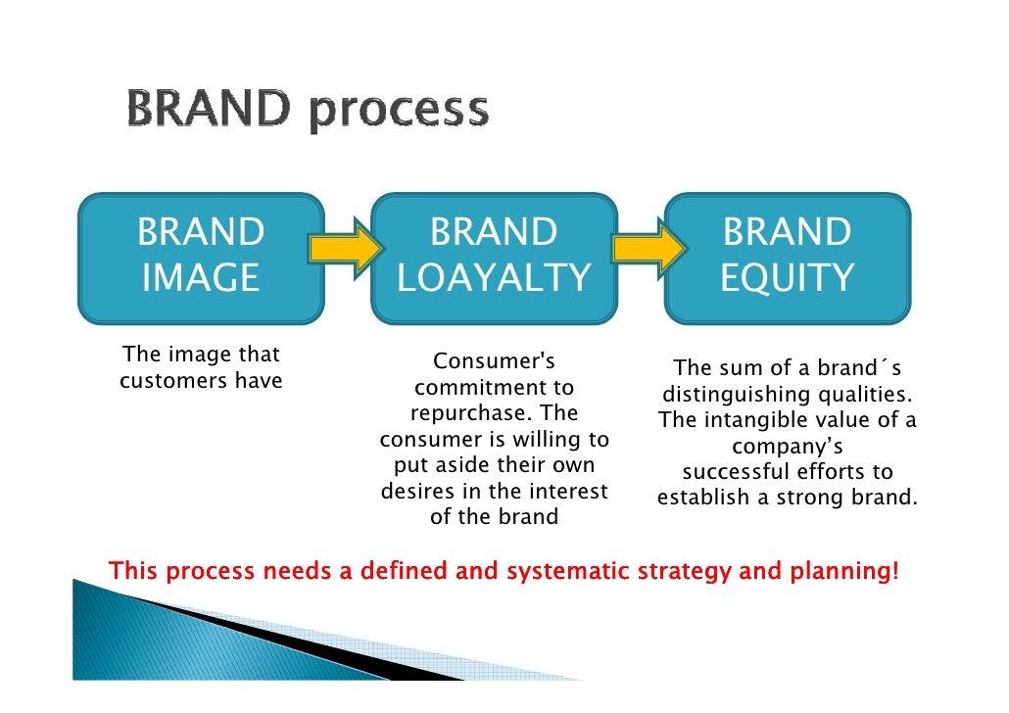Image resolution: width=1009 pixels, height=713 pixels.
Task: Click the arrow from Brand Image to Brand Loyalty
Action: [346, 247]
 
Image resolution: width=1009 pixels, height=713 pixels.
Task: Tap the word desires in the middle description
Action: [418, 491]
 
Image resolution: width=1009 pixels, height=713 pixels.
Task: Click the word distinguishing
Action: [731, 395]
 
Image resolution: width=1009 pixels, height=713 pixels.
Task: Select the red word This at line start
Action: [133, 571]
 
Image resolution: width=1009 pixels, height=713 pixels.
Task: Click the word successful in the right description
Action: [727, 473]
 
